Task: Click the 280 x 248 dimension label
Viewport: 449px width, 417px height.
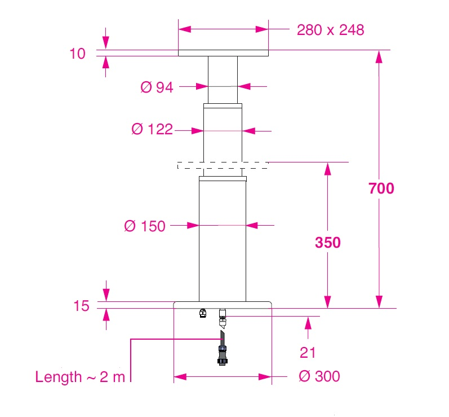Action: [x=330, y=29]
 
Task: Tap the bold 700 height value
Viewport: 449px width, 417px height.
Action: [x=381, y=188]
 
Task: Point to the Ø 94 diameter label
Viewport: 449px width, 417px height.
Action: [x=157, y=87]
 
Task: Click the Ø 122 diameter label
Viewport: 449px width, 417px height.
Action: [x=152, y=130]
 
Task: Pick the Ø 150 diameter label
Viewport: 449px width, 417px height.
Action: [x=145, y=226]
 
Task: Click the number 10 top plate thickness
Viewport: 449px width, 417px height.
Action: [x=78, y=54]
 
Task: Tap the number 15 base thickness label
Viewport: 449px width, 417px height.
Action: [x=81, y=306]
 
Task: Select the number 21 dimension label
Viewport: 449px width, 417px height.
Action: [x=307, y=353]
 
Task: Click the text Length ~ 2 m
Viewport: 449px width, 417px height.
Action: [x=80, y=377]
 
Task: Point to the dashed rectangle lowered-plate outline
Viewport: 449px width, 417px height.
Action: [x=223, y=165]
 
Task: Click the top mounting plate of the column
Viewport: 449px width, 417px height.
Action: [x=223, y=53]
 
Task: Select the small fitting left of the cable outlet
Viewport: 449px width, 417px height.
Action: [x=203, y=313]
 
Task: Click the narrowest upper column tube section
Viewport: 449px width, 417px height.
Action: [x=223, y=79]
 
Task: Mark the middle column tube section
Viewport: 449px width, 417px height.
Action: [x=223, y=133]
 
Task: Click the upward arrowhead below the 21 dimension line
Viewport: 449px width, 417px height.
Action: [x=308, y=322]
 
